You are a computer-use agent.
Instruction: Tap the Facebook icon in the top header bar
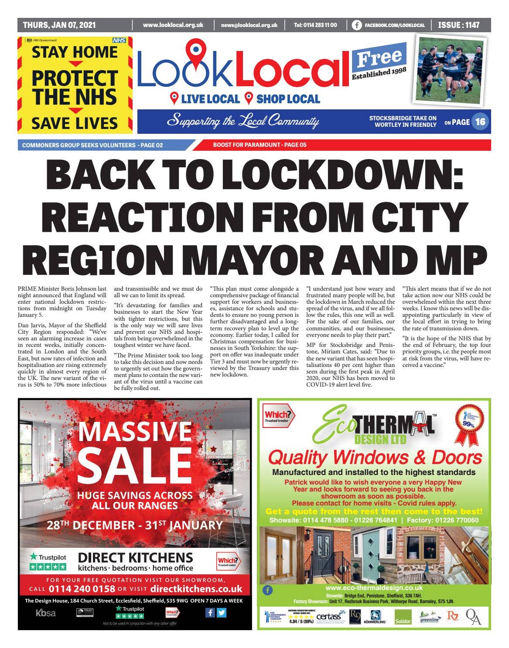[x=356, y=25]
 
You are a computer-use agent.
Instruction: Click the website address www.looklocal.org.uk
[x=173, y=25]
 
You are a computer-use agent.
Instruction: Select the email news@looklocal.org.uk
[x=249, y=25]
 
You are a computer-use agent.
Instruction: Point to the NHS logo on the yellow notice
[x=119, y=40]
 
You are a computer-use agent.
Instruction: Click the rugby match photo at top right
[x=449, y=68]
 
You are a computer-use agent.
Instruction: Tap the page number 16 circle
[x=480, y=122]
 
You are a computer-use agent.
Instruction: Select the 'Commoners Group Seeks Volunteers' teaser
[x=92, y=145]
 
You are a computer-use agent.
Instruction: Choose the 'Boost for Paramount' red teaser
[x=260, y=145]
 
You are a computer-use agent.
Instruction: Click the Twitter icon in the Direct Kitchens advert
[x=222, y=612]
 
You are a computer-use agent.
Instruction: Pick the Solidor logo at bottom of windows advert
[x=403, y=617]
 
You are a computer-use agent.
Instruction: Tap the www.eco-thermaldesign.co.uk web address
[x=374, y=588]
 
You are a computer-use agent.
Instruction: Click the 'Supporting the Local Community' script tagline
[x=243, y=121]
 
